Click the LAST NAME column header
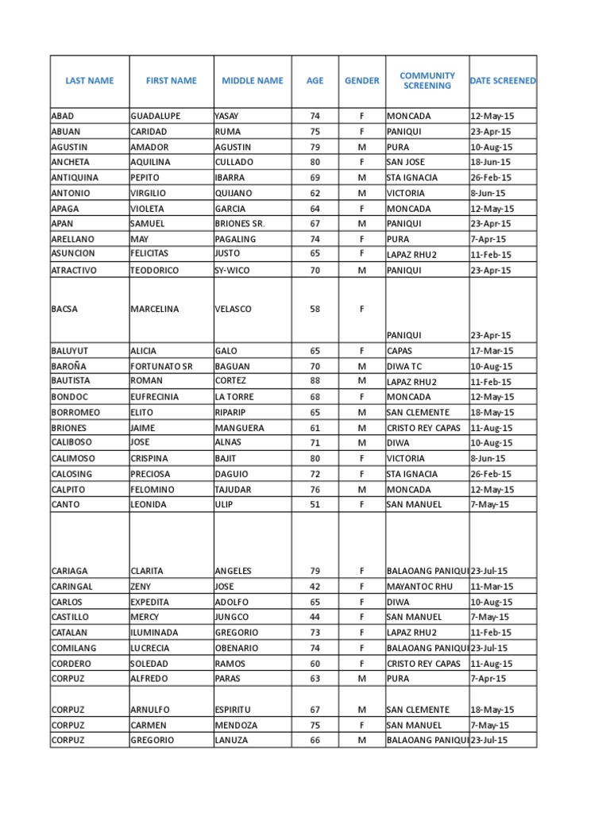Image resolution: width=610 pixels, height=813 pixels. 89,80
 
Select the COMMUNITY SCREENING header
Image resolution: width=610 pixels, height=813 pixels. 427,80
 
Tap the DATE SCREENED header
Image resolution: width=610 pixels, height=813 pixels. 503,80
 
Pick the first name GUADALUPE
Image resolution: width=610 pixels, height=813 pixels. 156,116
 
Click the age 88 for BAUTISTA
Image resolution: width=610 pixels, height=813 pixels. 315,381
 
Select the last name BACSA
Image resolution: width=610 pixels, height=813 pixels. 64,309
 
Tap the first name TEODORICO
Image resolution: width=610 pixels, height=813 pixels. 155,270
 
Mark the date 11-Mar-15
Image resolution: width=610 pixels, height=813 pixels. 491,586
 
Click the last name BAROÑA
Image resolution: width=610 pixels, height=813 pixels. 70,366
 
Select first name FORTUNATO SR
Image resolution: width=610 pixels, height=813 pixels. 161,366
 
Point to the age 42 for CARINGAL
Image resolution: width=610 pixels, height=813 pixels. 315,586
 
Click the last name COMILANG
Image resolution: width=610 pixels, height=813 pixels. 73,648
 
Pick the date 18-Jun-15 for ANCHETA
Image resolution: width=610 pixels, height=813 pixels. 491,162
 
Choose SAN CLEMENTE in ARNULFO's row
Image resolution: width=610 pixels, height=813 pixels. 418,709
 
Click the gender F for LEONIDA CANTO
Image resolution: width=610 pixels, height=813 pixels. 361,504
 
